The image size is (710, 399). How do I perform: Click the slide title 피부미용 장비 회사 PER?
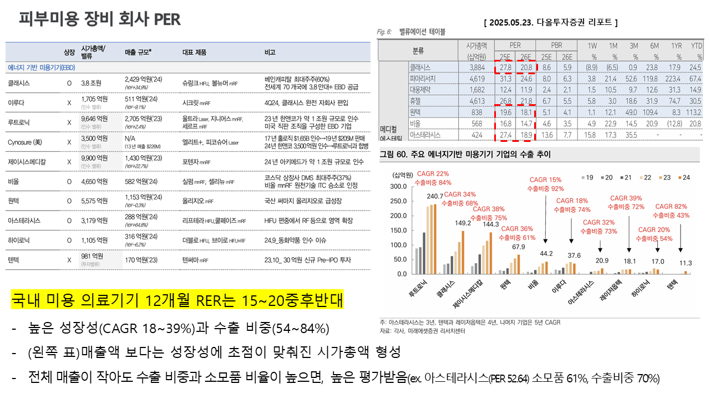99,19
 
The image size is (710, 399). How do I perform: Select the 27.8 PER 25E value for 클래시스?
505,67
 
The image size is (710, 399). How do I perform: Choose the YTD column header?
696,45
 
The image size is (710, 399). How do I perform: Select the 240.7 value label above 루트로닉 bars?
434,196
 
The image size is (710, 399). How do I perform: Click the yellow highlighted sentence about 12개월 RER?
177,302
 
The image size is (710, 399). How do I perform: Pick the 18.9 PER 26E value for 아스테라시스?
526,134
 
